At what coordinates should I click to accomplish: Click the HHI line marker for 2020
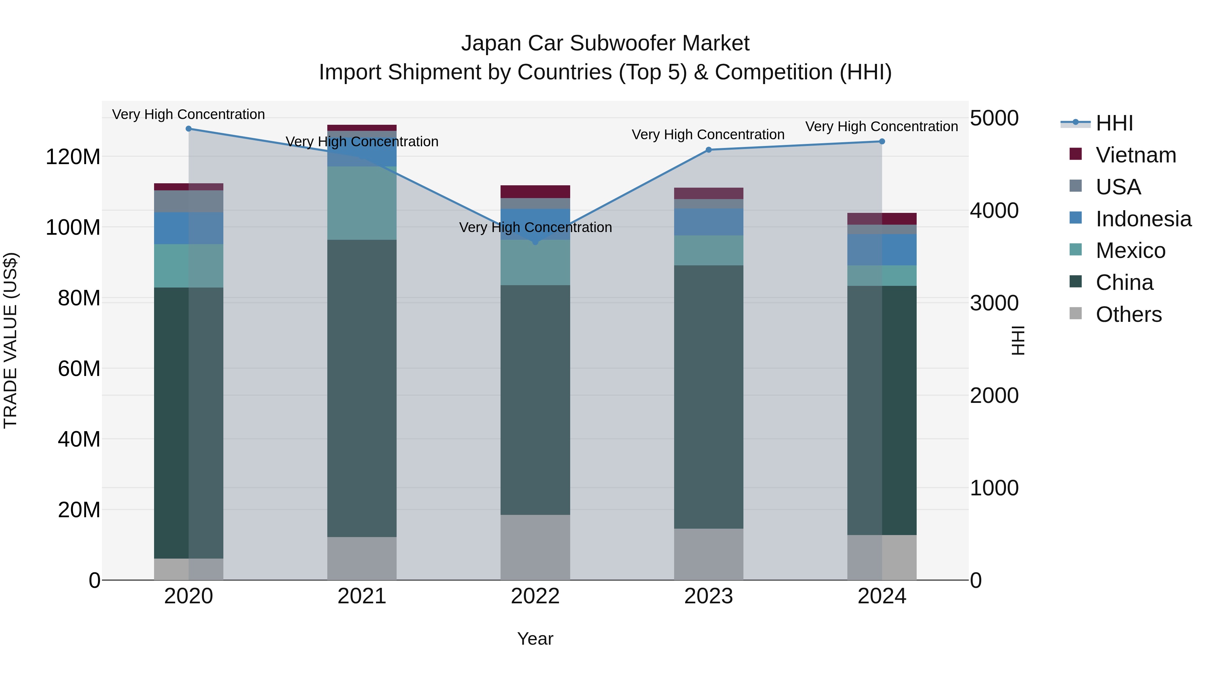coord(188,129)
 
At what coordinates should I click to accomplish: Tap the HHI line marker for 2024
coord(882,142)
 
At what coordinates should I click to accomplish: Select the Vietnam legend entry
coord(1135,155)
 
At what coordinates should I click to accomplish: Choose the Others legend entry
coord(1128,314)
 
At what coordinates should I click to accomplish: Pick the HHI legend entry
coord(1114,123)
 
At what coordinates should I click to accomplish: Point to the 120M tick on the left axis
coord(73,156)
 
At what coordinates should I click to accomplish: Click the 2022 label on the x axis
coord(535,596)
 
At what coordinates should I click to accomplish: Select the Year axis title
coord(535,639)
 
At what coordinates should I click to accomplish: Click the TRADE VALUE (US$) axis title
coord(10,340)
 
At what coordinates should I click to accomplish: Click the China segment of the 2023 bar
coord(708,397)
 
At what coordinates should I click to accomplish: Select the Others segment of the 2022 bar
coord(535,547)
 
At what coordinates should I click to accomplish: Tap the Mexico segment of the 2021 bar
coord(362,203)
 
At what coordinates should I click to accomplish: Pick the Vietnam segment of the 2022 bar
coord(535,192)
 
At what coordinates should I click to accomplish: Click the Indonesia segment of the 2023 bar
coord(708,222)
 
